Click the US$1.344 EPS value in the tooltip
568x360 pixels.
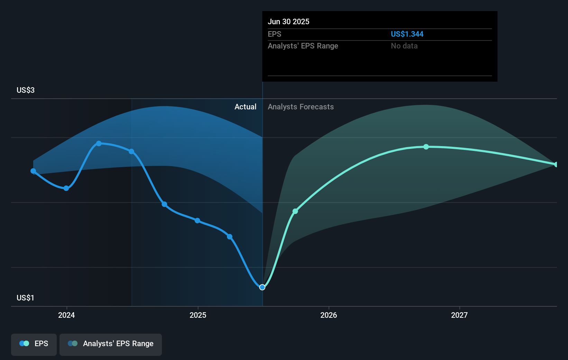(x=407, y=34)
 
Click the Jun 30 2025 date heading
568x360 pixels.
(x=288, y=21)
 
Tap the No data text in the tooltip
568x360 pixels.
(x=404, y=46)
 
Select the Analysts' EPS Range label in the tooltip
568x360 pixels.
(x=303, y=46)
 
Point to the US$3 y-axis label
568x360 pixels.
(x=26, y=90)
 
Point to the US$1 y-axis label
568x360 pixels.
(x=26, y=298)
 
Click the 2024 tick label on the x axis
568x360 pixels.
(x=66, y=315)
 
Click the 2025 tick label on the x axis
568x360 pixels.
(x=198, y=315)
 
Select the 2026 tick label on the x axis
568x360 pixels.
(x=329, y=315)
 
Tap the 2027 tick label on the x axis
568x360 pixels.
(x=459, y=315)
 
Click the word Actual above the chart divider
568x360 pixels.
(x=245, y=107)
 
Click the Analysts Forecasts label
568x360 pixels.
(x=301, y=107)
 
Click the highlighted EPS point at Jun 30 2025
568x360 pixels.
(x=262, y=287)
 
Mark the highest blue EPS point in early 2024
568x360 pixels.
(x=99, y=143)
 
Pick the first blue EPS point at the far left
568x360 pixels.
(x=33, y=171)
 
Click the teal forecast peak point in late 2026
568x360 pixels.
(x=426, y=147)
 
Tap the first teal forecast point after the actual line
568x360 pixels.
(x=295, y=211)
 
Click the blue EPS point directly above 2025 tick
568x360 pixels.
(x=197, y=220)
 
